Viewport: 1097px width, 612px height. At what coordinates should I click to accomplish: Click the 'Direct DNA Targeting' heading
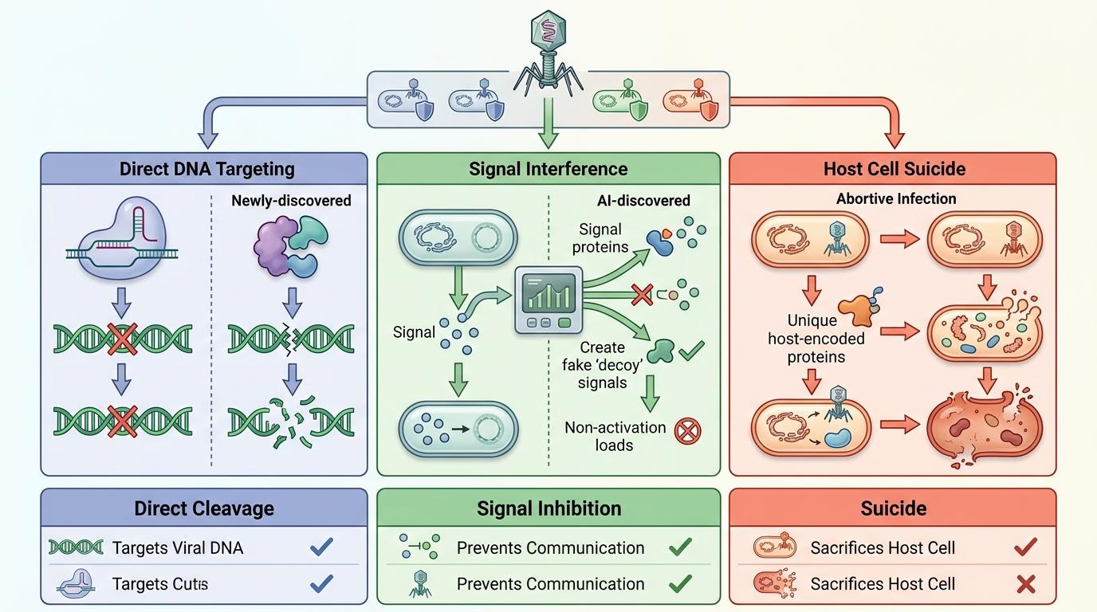click(206, 169)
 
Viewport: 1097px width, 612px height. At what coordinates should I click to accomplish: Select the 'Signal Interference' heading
click(548, 169)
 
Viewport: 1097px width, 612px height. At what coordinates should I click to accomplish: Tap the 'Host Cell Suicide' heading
click(894, 169)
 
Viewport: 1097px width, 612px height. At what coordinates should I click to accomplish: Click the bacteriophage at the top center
click(548, 48)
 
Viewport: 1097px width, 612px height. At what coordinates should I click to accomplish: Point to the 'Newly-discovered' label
click(291, 201)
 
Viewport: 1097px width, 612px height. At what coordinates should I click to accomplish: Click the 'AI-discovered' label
click(643, 201)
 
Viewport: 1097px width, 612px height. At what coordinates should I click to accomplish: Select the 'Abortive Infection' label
click(896, 199)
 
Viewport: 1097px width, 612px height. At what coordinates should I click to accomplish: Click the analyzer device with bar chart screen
click(548, 300)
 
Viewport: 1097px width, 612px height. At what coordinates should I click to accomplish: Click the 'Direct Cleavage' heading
click(204, 508)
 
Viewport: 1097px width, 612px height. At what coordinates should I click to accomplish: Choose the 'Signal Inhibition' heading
click(548, 508)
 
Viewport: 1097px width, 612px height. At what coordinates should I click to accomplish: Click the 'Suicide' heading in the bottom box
click(893, 508)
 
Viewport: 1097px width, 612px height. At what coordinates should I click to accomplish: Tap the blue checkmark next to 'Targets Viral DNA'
click(320, 547)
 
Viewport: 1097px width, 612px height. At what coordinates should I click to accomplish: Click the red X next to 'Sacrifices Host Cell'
click(1025, 584)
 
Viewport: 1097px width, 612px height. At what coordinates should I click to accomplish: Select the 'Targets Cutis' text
click(159, 584)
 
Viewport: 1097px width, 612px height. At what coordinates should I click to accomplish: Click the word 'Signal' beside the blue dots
click(415, 332)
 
